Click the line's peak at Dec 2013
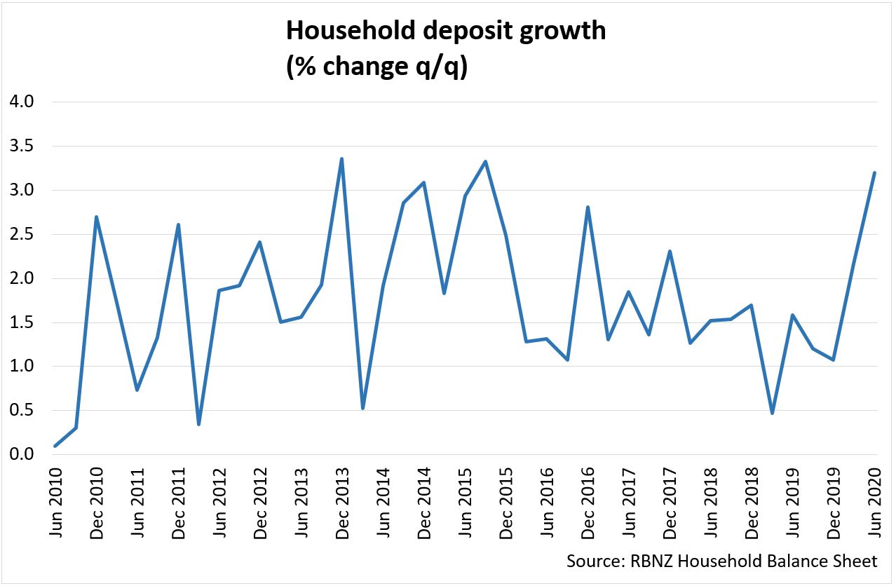(x=341, y=159)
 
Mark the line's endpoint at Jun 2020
(x=875, y=172)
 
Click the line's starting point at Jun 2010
(x=55, y=446)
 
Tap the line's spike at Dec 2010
(x=96, y=217)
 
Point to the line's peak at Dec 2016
(x=588, y=207)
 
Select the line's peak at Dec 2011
(x=178, y=224)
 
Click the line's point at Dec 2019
(x=834, y=360)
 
